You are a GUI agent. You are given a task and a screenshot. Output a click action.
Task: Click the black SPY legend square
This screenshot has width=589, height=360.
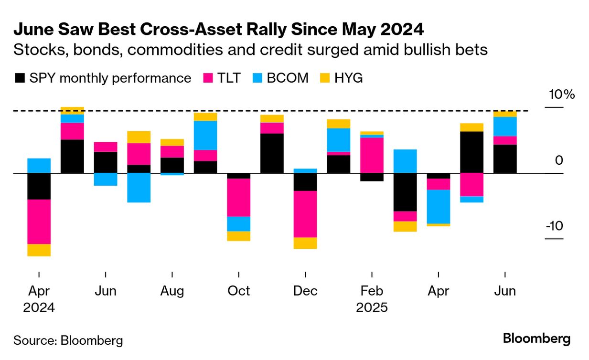click(x=20, y=78)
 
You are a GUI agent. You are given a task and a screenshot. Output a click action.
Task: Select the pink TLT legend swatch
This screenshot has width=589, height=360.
click(x=208, y=78)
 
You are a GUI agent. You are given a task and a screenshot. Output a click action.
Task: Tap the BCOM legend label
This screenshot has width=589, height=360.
click(x=288, y=78)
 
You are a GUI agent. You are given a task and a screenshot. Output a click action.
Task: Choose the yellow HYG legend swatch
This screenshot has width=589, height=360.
click(x=325, y=78)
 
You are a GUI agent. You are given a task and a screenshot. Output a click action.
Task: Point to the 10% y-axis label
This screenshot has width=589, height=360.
click(x=562, y=95)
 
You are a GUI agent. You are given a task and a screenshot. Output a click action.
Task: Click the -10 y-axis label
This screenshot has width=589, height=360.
click(x=554, y=226)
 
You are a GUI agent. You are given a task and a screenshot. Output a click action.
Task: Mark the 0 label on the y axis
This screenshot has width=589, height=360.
click(x=559, y=160)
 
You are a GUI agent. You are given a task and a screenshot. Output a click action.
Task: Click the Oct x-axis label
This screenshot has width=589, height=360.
click(x=238, y=291)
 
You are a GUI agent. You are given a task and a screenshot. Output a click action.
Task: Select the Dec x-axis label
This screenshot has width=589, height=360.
click(x=305, y=291)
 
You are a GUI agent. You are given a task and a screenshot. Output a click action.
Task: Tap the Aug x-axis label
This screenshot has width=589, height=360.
click(x=171, y=291)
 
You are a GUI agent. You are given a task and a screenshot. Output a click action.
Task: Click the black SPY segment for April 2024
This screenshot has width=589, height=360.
click(x=39, y=186)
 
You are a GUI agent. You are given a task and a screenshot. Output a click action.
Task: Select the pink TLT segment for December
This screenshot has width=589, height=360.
click(x=305, y=214)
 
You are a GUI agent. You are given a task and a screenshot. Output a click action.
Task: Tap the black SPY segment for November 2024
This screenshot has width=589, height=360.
click(x=272, y=153)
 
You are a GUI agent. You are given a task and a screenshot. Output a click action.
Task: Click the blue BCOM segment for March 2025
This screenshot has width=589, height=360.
click(x=405, y=161)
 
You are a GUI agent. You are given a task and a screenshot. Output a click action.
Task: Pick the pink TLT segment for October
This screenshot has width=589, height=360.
click(x=238, y=197)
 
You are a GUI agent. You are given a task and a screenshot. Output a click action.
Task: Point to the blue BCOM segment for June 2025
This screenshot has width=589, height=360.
click(x=505, y=126)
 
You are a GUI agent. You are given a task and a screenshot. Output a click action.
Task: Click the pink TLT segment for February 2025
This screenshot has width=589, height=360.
click(x=372, y=155)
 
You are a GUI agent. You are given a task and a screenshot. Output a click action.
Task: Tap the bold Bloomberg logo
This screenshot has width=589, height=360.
click(x=536, y=339)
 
